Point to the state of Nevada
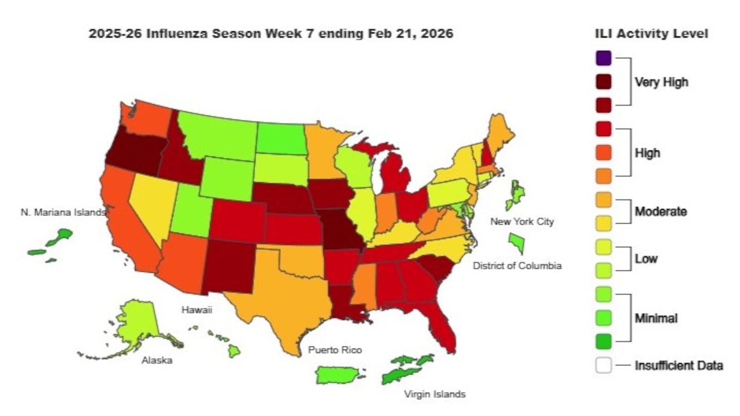(x=150, y=203)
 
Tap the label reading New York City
(x=522, y=221)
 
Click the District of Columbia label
(x=517, y=266)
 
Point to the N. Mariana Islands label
(x=63, y=212)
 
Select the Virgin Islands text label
(x=434, y=394)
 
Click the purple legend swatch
(x=604, y=58)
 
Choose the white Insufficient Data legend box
(x=604, y=365)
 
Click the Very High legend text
(x=661, y=82)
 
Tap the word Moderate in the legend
(x=660, y=212)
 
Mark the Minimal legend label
(x=655, y=318)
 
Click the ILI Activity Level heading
(x=651, y=34)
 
